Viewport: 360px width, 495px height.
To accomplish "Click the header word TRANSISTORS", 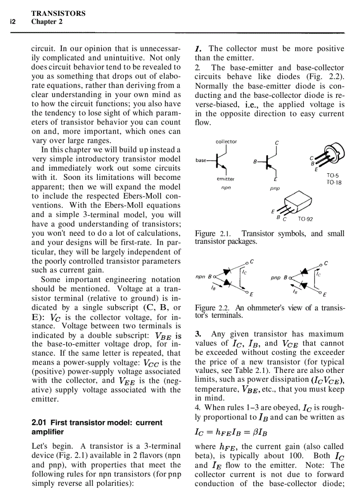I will point(58,13).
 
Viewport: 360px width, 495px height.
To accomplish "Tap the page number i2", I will point(13,22).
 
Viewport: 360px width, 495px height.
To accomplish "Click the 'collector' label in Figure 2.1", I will point(226,141).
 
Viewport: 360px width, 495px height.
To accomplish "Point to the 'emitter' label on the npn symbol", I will point(225,179).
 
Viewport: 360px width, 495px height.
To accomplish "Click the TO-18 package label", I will point(334,182).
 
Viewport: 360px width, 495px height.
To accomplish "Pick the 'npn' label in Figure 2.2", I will point(200,277).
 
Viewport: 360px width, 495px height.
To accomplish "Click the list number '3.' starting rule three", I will point(199,334).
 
